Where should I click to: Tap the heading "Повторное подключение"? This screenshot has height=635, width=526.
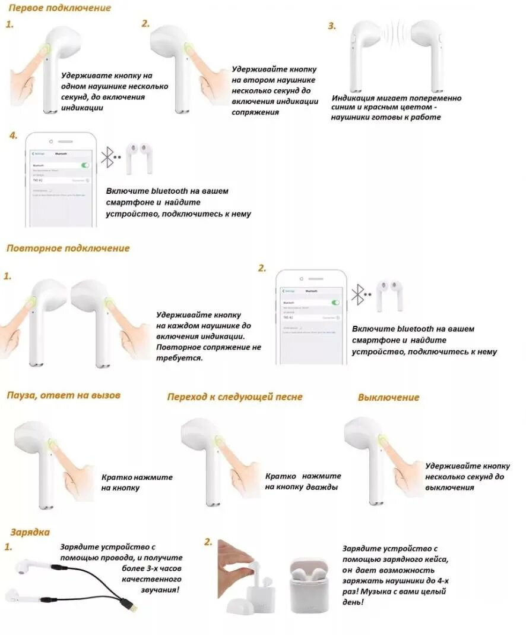(68, 248)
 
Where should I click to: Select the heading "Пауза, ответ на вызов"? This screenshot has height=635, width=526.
(64, 395)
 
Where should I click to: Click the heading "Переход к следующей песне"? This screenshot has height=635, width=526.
(235, 397)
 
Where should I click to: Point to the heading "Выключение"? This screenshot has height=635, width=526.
(388, 397)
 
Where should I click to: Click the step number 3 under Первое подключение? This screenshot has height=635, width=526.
(332, 26)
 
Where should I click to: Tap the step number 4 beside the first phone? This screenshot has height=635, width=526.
(14, 136)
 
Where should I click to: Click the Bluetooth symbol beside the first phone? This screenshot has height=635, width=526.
(107, 157)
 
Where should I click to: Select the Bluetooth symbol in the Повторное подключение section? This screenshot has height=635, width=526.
(357, 294)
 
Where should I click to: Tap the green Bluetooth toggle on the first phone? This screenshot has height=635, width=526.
(85, 165)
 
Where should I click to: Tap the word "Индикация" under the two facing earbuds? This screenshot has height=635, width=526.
(353, 98)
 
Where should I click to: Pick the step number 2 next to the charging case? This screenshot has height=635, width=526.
(208, 542)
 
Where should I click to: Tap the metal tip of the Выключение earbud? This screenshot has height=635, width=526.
(376, 503)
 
